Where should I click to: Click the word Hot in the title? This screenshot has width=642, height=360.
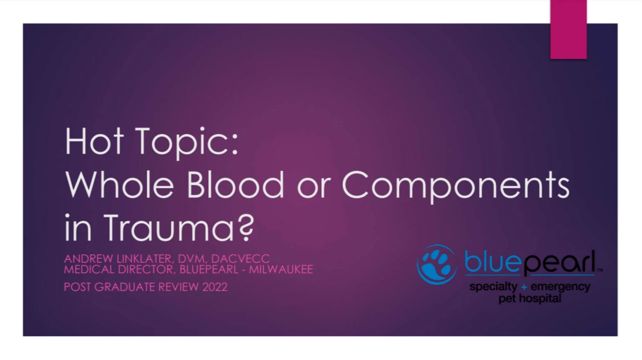[x=94, y=141]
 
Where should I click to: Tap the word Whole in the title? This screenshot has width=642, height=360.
[x=120, y=185]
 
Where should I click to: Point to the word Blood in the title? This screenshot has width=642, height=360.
[x=235, y=185]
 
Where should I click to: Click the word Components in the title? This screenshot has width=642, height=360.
[x=456, y=187]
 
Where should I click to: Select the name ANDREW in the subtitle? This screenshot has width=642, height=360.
[x=88, y=259]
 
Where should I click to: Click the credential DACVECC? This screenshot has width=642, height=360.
[x=240, y=259]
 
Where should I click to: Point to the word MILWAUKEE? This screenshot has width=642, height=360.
[x=281, y=269]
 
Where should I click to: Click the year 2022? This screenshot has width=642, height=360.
[x=215, y=287]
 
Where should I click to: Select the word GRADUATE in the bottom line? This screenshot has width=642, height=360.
[x=125, y=287]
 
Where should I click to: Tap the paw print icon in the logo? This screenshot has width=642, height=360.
[x=437, y=264]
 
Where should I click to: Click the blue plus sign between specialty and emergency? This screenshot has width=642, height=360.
[x=524, y=286]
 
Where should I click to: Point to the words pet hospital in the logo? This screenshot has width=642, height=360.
[x=530, y=298]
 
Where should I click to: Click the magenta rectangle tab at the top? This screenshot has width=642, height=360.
[x=568, y=29]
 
